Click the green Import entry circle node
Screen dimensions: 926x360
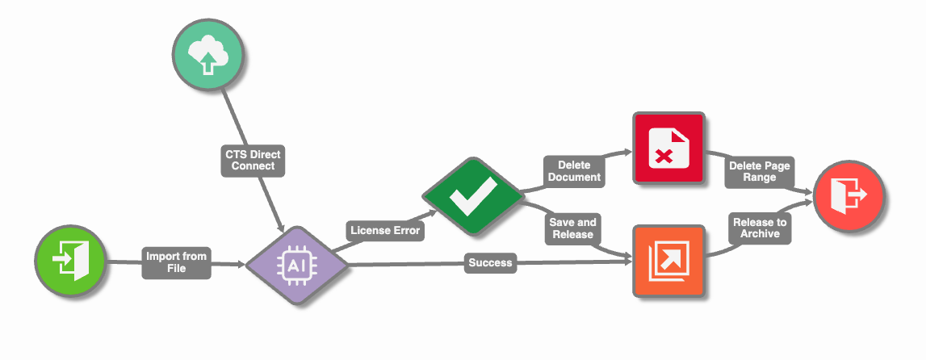click(x=70, y=261)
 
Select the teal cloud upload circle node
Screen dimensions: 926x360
click(x=207, y=55)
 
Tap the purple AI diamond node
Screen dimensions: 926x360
click(x=297, y=266)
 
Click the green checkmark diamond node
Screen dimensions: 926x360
click(x=473, y=196)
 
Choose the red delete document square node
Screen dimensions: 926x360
click(x=669, y=149)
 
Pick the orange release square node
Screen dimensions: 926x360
click(x=669, y=260)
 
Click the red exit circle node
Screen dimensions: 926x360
click(x=848, y=195)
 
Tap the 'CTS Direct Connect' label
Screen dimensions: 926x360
click(x=253, y=160)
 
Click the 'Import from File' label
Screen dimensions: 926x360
click(x=177, y=262)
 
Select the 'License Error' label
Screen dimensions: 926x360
click(x=384, y=230)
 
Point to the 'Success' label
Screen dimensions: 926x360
click(x=490, y=262)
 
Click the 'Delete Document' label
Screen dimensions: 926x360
click(x=573, y=171)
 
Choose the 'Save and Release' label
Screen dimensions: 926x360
click(x=572, y=228)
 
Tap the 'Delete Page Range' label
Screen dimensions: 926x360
click(x=759, y=172)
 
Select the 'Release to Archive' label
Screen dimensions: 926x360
click(x=760, y=228)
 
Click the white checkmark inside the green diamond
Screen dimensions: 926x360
click(x=473, y=196)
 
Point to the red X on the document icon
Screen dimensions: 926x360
click(x=664, y=157)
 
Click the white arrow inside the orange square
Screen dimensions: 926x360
click(x=671, y=257)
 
